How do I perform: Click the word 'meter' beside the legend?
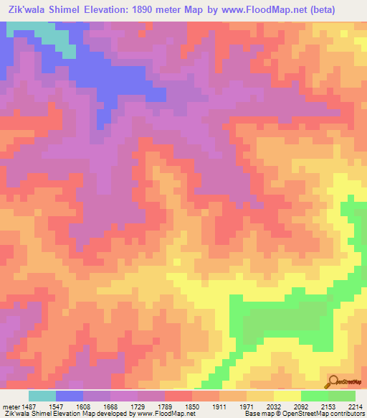[9, 406]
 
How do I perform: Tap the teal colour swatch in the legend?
[42, 396]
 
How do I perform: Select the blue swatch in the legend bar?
[70, 396]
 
